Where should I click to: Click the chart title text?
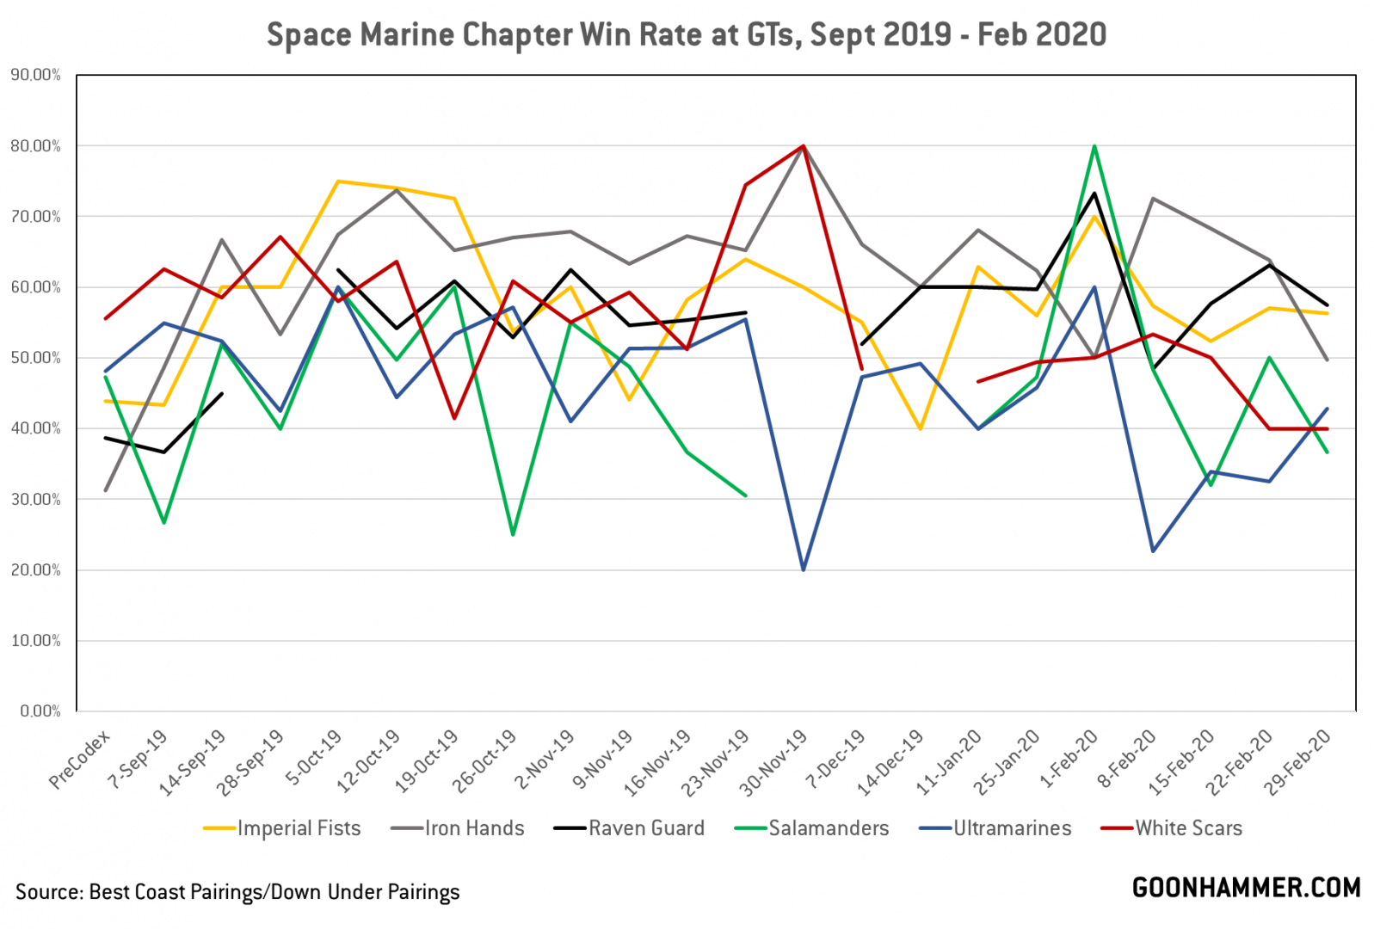tap(686, 35)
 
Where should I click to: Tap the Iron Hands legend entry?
tap(458, 828)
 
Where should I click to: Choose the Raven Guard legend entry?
tap(629, 828)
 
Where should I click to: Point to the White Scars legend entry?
tap(1172, 828)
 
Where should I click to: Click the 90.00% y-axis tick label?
tap(35, 76)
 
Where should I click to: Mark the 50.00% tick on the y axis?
tap(35, 358)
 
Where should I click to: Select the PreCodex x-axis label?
tap(80, 760)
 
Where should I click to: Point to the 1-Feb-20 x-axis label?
tap(1069, 759)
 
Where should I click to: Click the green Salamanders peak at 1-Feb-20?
tap(1094, 146)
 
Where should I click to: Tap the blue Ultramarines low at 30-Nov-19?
tap(804, 569)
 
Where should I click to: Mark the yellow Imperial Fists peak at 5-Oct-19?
tap(338, 181)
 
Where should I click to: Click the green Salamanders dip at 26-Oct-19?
tap(513, 534)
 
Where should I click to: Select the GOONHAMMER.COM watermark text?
tap(1246, 889)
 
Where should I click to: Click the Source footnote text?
tap(237, 892)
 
